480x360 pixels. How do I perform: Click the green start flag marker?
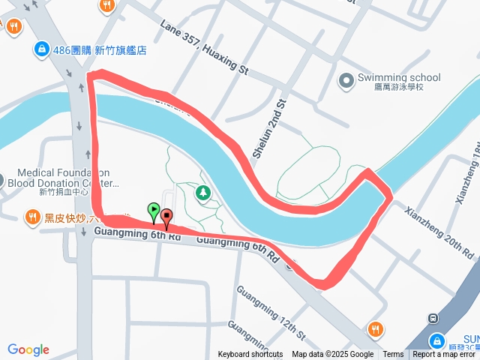[x=154, y=210]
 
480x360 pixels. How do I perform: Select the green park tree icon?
[x=202, y=193]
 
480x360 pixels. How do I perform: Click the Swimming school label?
[x=399, y=77]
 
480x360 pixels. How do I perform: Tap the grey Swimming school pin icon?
[x=346, y=80]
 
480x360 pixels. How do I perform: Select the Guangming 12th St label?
[x=271, y=311]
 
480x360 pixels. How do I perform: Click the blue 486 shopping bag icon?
[x=40, y=50]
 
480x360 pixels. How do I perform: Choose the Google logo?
[x=28, y=349]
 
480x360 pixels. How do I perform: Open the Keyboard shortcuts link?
[x=250, y=355]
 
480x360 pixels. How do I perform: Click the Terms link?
[x=393, y=355]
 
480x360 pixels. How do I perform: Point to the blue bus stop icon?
[x=433, y=318]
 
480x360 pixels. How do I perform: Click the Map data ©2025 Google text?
[x=333, y=355]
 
